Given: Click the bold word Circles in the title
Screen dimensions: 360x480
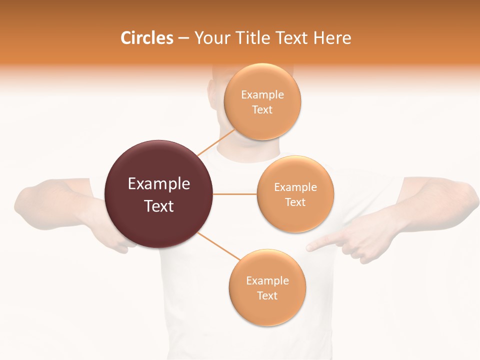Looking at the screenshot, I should pyautogui.click(x=147, y=38).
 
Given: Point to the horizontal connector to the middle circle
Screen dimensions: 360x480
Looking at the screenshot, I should pyautogui.click(x=234, y=194).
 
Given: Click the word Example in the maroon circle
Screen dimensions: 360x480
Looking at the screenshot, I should pyautogui.click(x=159, y=184).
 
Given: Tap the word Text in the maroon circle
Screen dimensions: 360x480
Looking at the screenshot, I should pyautogui.click(x=159, y=206).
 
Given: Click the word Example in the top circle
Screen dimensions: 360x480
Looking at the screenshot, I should pyautogui.click(x=262, y=94).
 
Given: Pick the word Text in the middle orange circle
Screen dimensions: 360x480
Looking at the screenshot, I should pyautogui.click(x=295, y=202).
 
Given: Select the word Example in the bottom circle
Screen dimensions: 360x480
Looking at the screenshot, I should pyautogui.click(x=267, y=280).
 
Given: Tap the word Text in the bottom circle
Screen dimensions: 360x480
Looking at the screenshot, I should pyautogui.click(x=267, y=295).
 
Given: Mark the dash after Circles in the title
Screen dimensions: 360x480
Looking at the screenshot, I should pyautogui.click(x=183, y=38).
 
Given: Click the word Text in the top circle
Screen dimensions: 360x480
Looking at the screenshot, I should pyautogui.click(x=262, y=109).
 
